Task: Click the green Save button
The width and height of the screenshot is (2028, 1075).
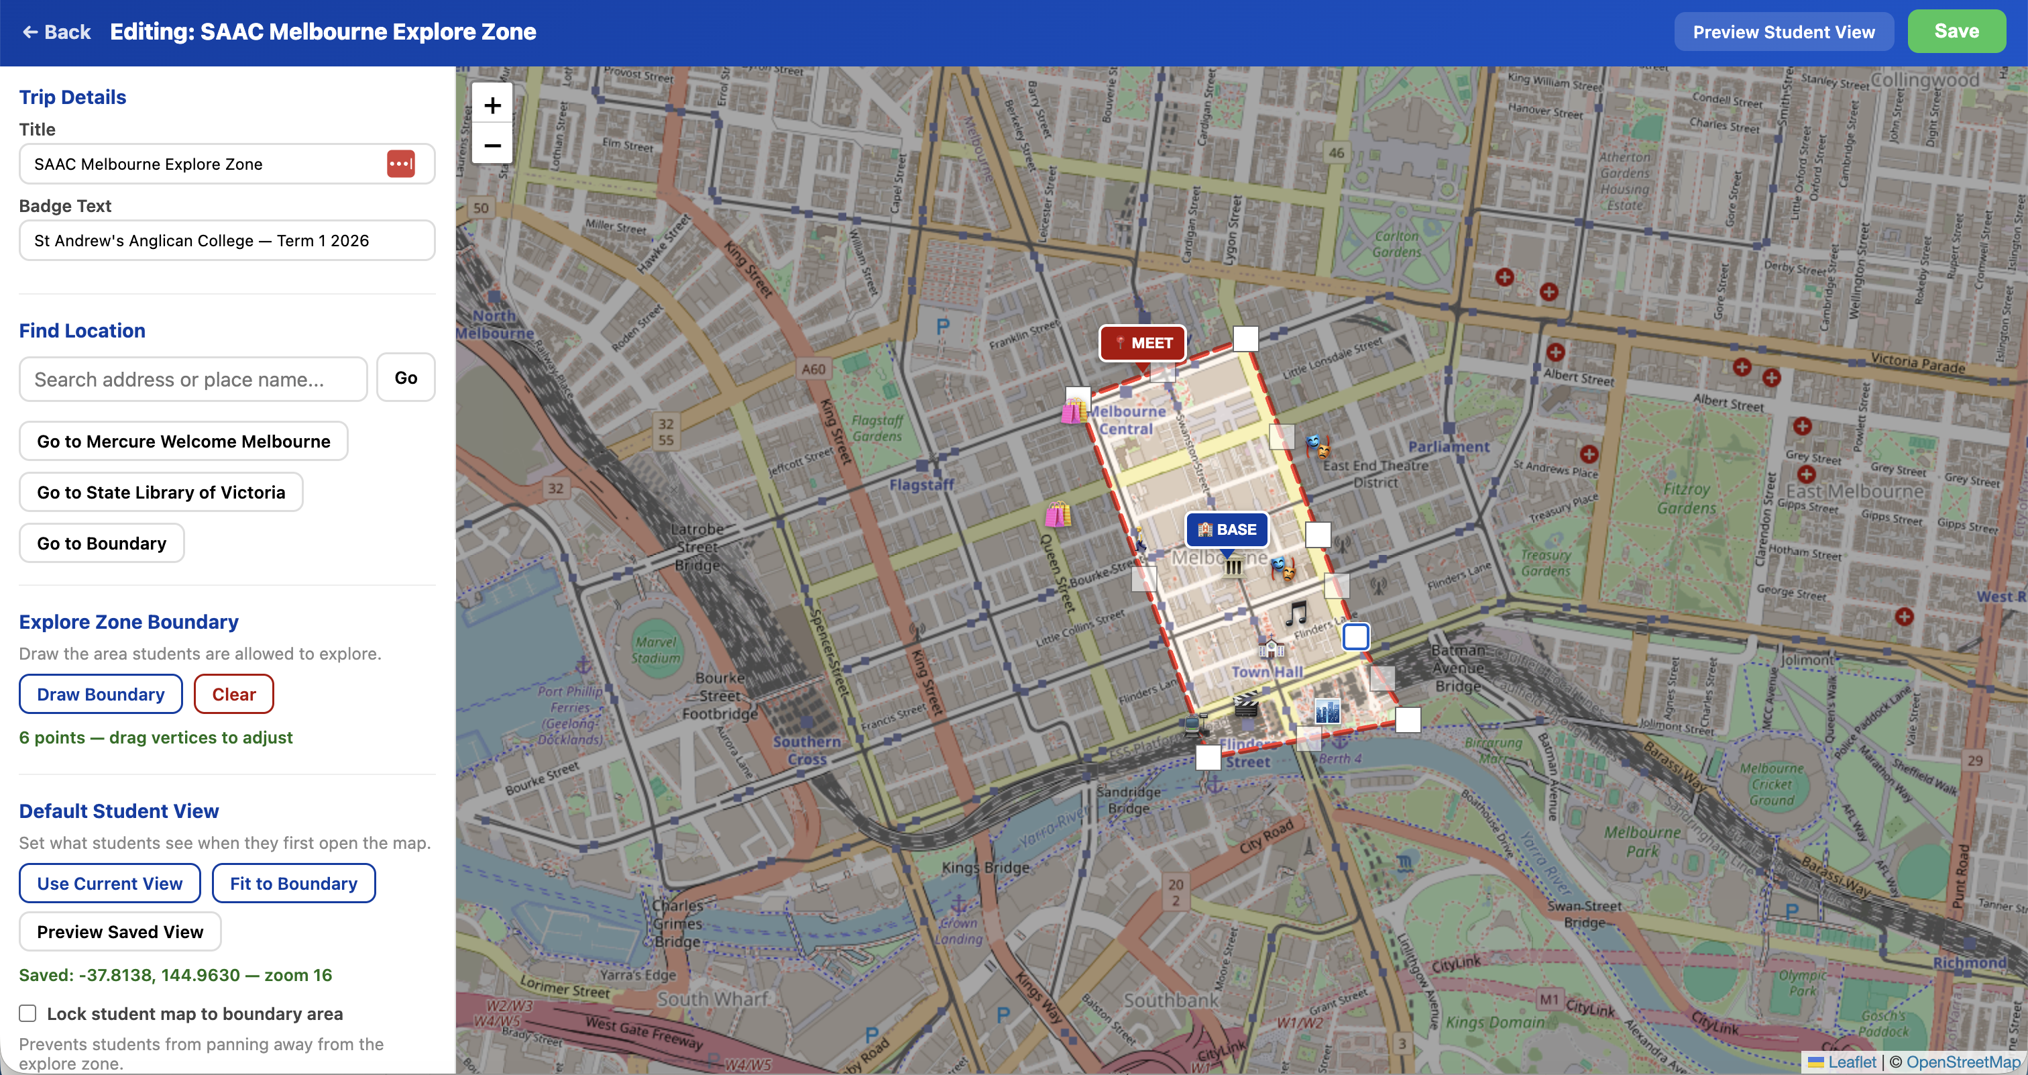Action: (x=1956, y=32)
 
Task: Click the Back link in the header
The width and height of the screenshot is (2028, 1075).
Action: (x=57, y=32)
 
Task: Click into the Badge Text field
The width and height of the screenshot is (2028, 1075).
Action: (x=227, y=240)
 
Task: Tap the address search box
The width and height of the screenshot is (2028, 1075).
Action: (x=193, y=379)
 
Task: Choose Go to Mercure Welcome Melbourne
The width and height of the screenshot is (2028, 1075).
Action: (x=184, y=441)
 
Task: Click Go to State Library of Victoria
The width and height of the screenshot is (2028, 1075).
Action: (x=160, y=493)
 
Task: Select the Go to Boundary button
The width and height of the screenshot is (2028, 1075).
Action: (x=101, y=544)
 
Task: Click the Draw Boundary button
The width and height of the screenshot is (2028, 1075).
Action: (x=101, y=694)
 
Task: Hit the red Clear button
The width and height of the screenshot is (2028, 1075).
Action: (x=234, y=694)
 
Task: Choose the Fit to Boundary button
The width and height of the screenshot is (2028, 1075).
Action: (x=293, y=884)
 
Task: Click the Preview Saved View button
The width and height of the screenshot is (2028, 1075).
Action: (x=119, y=931)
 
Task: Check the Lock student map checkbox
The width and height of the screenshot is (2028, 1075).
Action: (x=27, y=1013)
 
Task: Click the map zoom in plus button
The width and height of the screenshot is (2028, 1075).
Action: (x=492, y=105)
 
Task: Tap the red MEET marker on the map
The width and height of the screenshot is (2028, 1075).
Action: (x=1142, y=344)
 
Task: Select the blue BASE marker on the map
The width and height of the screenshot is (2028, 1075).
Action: (x=1227, y=529)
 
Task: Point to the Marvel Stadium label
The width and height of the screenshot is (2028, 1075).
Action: (x=655, y=650)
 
